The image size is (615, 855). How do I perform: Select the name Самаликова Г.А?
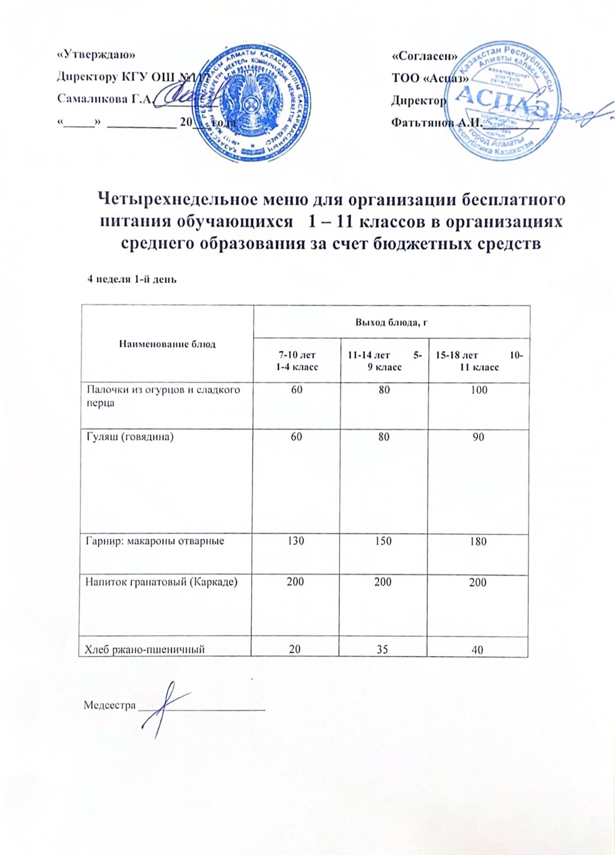tap(105, 99)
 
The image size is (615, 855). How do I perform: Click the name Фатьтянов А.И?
tap(435, 122)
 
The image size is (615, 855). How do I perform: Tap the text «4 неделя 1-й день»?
tap(132, 279)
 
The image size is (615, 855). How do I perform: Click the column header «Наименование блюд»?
tap(167, 344)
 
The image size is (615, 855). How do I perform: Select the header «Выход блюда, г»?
tap(392, 322)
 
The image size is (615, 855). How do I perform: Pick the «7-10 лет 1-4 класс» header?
tap(297, 361)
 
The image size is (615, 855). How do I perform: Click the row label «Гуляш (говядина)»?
tap(130, 437)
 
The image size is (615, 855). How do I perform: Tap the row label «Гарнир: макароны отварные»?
tap(155, 541)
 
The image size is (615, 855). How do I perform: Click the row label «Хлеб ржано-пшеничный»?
tap(145, 649)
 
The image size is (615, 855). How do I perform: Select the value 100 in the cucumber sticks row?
tap(479, 390)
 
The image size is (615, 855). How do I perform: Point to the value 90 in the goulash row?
tap(478, 437)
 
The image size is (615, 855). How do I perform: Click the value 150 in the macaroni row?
tap(383, 541)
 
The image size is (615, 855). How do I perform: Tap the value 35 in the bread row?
tap(382, 650)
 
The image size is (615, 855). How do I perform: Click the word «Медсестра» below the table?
tap(110, 705)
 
